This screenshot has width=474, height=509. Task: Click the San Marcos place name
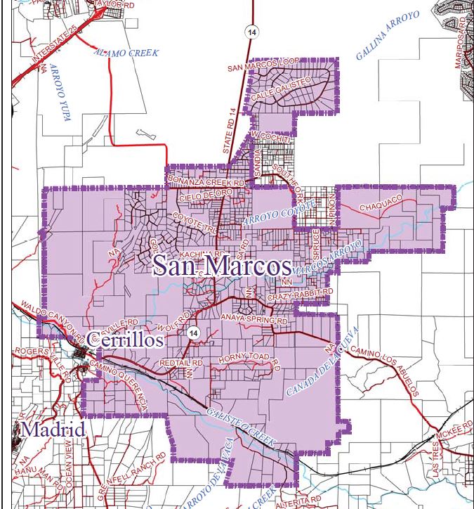(221, 266)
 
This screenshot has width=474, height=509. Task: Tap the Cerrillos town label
(124, 340)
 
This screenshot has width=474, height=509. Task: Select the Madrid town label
(53, 429)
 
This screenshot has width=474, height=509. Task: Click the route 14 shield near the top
(251, 32)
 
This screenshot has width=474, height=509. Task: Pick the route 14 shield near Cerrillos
(194, 332)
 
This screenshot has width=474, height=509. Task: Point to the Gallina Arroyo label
(387, 35)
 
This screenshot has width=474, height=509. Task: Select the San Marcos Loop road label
(263, 67)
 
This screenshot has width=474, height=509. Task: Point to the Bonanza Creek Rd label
(206, 181)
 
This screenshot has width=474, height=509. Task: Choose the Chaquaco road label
(381, 204)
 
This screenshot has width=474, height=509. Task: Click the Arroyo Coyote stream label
(270, 213)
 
